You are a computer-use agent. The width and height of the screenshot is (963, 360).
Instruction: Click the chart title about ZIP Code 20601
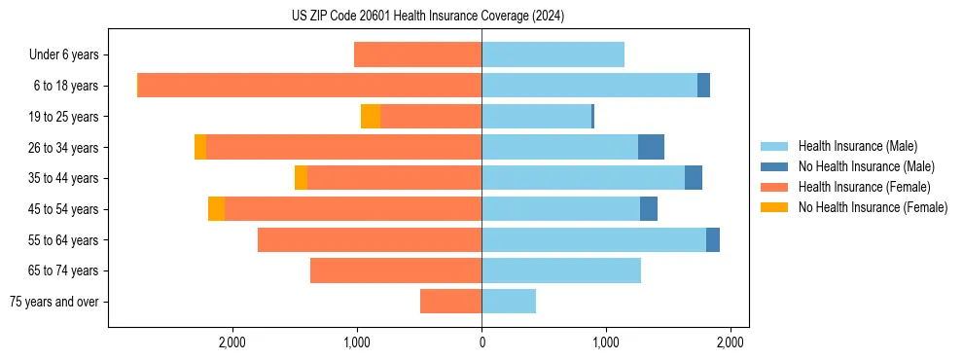428,17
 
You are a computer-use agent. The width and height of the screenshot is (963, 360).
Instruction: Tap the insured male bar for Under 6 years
553,54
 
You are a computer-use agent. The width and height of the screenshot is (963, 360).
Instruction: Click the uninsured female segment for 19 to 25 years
371,117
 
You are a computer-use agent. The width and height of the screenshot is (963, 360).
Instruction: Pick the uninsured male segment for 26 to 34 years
651,147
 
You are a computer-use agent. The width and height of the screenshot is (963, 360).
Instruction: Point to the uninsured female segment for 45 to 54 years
216,209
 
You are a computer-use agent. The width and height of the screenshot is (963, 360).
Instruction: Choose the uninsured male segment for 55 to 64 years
713,239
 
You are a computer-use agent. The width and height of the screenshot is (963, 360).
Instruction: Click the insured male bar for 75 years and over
509,302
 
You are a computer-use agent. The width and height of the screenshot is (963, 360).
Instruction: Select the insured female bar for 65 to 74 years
396,270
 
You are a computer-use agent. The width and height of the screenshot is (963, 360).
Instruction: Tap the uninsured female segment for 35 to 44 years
301,178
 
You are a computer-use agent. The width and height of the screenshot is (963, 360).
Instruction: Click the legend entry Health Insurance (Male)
857,146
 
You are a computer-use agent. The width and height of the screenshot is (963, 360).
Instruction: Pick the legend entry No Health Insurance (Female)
873,207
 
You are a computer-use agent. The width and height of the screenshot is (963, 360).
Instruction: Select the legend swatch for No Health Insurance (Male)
774,166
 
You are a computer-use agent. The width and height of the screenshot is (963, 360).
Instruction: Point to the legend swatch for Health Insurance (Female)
774,187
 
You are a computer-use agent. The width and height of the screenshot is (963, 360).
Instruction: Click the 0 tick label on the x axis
481,342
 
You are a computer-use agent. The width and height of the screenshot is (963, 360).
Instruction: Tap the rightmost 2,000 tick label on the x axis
731,342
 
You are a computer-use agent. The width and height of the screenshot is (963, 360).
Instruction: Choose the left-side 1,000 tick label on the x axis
357,342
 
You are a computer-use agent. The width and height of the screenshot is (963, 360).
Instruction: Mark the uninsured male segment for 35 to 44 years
694,178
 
